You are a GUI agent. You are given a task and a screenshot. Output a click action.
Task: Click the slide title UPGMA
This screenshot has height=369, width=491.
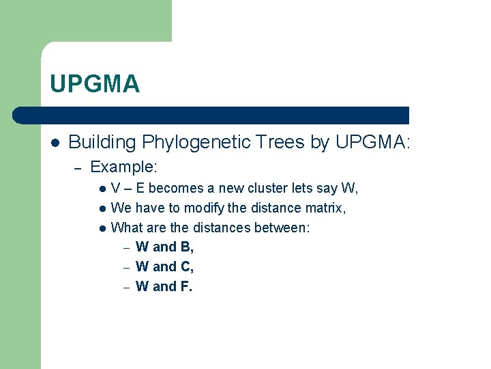coord(95,84)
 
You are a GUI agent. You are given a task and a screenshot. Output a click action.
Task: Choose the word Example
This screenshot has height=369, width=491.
coord(123,167)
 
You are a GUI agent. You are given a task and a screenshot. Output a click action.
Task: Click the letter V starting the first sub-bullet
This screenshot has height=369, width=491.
coord(115,188)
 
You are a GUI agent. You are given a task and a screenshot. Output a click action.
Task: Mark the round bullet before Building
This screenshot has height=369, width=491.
coord(55,143)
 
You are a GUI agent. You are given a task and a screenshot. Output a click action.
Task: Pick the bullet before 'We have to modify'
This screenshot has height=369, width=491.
coord(101,208)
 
